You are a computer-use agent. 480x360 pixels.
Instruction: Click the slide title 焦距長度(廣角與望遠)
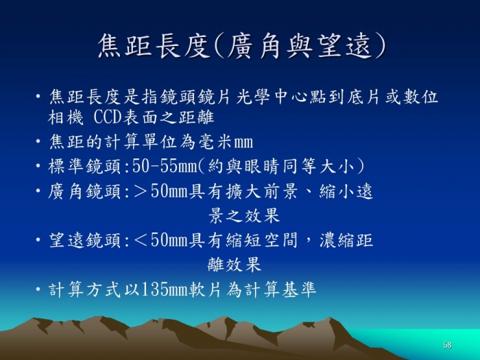coord(242,46)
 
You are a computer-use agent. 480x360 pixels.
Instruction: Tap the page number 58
coord(447,345)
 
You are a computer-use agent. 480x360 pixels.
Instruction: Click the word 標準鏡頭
coord(85,167)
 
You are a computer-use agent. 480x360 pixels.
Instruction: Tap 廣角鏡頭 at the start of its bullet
coord(85,191)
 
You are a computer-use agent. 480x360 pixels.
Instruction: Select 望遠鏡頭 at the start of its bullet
coord(85,240)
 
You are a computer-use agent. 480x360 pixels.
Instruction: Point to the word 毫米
coord(215,143)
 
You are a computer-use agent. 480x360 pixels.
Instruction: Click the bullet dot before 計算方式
coord(38,289)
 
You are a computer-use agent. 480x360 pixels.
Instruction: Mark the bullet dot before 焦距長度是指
coord(38,97)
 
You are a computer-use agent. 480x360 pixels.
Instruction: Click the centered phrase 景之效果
coord(244,215)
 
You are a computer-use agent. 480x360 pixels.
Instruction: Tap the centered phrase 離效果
coord(235,265)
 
